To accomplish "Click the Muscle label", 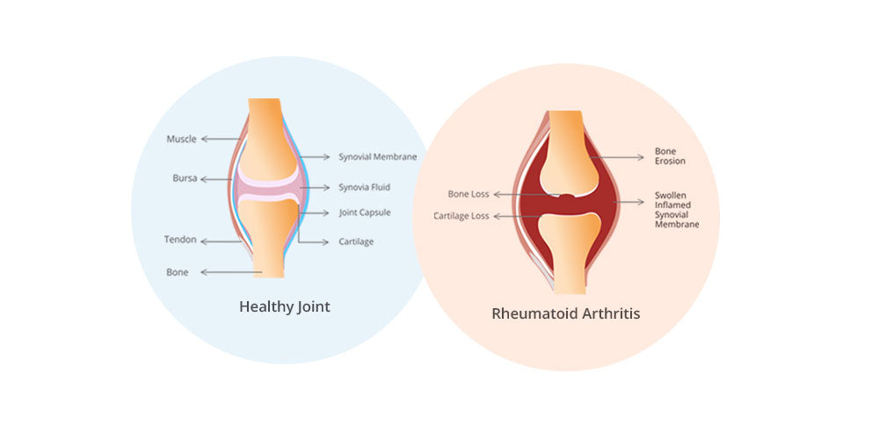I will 181,139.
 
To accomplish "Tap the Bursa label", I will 185,178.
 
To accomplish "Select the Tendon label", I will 180,240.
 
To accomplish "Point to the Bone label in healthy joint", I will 178,272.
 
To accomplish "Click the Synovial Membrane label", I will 377,157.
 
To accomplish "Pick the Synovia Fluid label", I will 364,187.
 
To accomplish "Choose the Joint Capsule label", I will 365,212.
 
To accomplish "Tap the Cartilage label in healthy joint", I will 356,241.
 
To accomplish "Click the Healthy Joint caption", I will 285,307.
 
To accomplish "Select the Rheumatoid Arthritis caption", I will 565,313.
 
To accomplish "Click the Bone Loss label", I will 469,194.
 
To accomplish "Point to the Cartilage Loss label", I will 461,215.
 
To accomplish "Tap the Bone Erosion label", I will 670,156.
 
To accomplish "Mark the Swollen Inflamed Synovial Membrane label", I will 676,210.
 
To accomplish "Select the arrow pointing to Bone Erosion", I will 620,157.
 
